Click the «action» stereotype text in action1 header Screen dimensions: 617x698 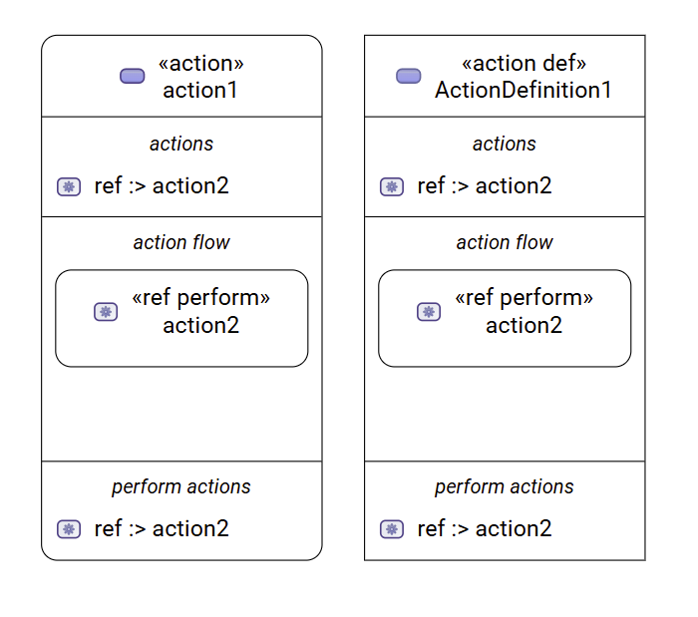point(200,64)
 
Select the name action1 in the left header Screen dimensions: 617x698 point(200,90)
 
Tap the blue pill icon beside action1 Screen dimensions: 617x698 point(132,77)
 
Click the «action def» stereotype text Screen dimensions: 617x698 point(523,64)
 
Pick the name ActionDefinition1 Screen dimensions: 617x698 point(523,90)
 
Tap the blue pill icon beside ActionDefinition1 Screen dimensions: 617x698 point(408,77)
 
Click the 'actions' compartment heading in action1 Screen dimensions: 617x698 point(181,145)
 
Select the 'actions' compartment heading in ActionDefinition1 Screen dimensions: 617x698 point(505,145)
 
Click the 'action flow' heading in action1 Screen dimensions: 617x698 point(181,242)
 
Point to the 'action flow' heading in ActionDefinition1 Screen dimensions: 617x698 point(505,242)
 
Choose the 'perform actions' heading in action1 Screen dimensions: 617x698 point(181,486)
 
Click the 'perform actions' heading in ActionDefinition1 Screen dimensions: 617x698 point(505,486)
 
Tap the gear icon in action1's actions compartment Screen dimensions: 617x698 point(69,186)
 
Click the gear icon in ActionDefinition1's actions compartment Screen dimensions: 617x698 point(392,186)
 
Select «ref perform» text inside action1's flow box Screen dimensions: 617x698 point(200,298)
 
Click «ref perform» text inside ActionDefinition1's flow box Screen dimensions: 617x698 point(523,298)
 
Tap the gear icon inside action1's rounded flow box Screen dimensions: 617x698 point(106,312)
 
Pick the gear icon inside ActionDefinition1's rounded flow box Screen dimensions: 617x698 point(429,312)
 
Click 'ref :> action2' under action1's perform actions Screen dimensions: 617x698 point(162,528)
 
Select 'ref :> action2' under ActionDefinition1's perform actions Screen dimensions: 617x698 point(485,528)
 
